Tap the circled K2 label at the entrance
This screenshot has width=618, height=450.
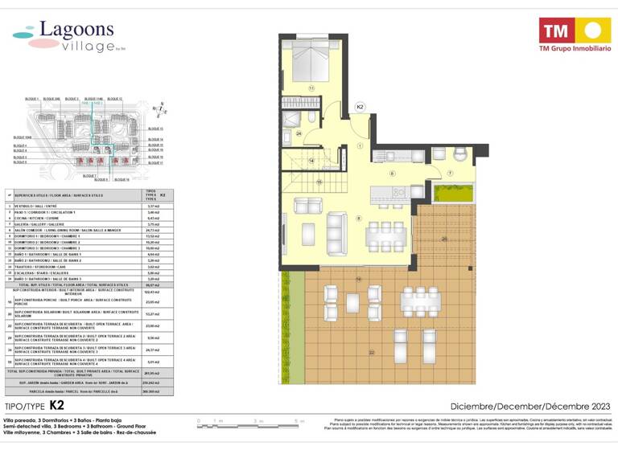click(x=360, y=106)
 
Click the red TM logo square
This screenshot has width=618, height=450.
click(x=555, y=31)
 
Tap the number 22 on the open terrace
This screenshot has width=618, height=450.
click(x=371, y=353)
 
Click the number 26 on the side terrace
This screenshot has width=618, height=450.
click(x=443, y=239)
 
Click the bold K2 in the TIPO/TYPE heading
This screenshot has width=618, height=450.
click(x=56, y=405)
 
